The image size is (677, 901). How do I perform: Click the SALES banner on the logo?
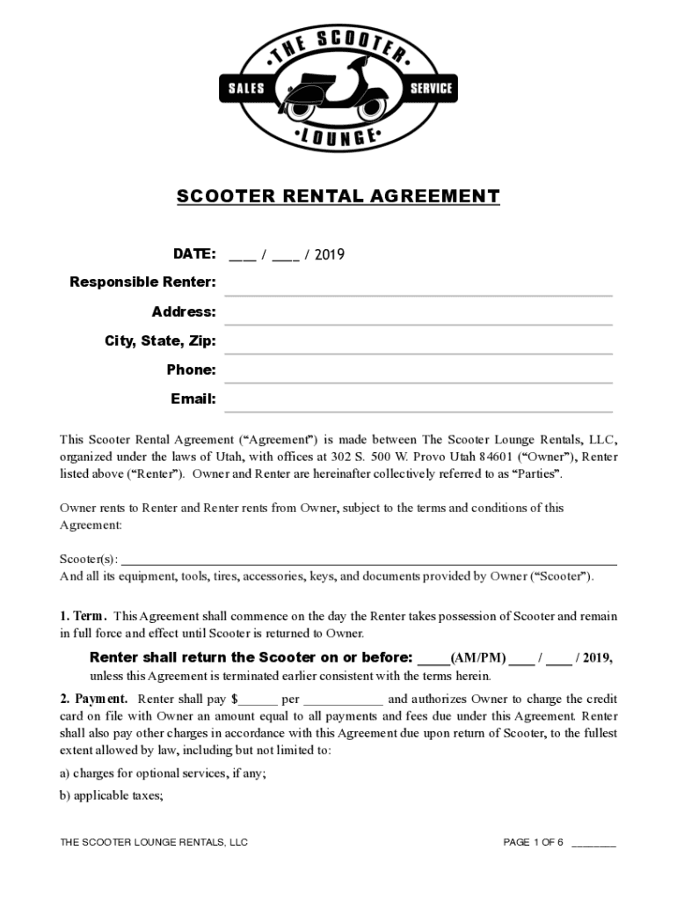click(x=246, y=88)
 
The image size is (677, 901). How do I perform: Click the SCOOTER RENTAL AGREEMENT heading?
click(x=338, y=196)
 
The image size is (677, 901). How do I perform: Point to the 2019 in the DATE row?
click(x=330, y=255)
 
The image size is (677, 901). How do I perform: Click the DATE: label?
click(x=194, y=254)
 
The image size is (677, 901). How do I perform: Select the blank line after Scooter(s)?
click(x=368, y=561)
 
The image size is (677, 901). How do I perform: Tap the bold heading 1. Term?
click(x=84, y=617)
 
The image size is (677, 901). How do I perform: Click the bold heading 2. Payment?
click(x=94, y=700)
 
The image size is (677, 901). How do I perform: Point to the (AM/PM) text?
click(x=477, y=658)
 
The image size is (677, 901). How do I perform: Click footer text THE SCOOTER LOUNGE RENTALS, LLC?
click(x=154, y=843)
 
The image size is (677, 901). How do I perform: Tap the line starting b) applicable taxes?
click(x=112, y=795)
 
